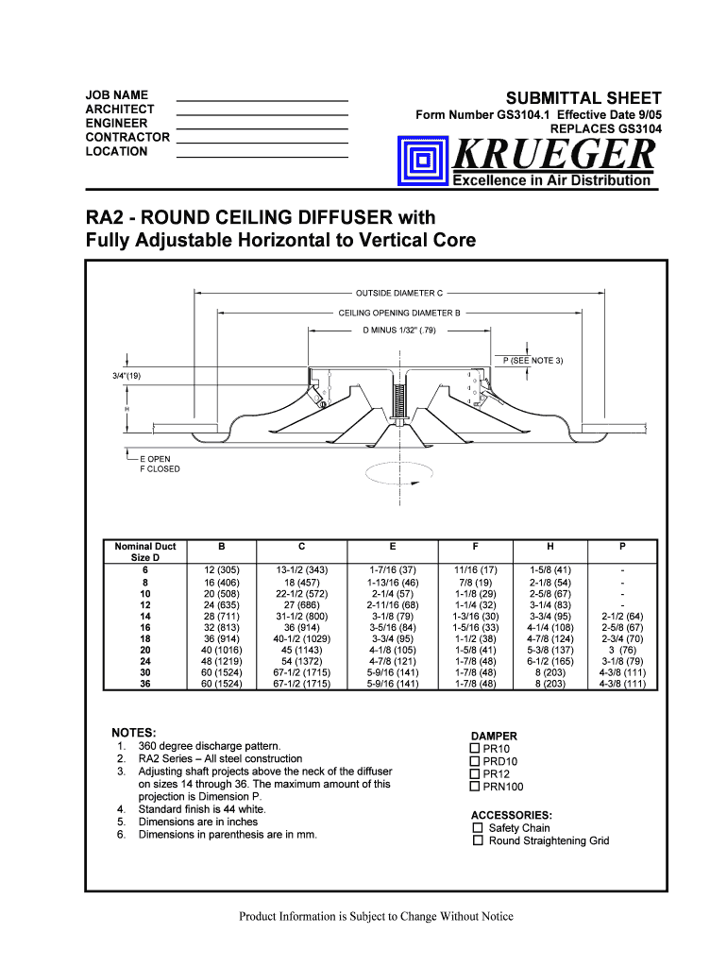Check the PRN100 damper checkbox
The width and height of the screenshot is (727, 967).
[475, 787]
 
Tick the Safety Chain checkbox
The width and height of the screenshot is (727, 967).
[478, 828]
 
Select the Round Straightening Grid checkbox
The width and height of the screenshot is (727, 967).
[478, 840]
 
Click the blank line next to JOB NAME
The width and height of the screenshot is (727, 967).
[262, 98]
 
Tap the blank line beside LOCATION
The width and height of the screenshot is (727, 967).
[262, 154]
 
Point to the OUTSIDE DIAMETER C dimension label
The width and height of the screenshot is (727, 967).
[399, 293]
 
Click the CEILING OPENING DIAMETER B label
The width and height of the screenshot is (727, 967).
[399, 312]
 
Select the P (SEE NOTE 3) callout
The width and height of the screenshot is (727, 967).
[533, 361]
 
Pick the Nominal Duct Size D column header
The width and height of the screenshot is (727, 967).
[144, 551]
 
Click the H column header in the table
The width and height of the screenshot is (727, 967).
[549, 546]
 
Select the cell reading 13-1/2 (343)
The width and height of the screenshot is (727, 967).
[301, 570]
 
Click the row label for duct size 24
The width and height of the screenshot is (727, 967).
[144, 661]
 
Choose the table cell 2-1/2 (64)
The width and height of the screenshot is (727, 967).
[622, 616]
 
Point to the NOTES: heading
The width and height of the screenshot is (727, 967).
[134, 733]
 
